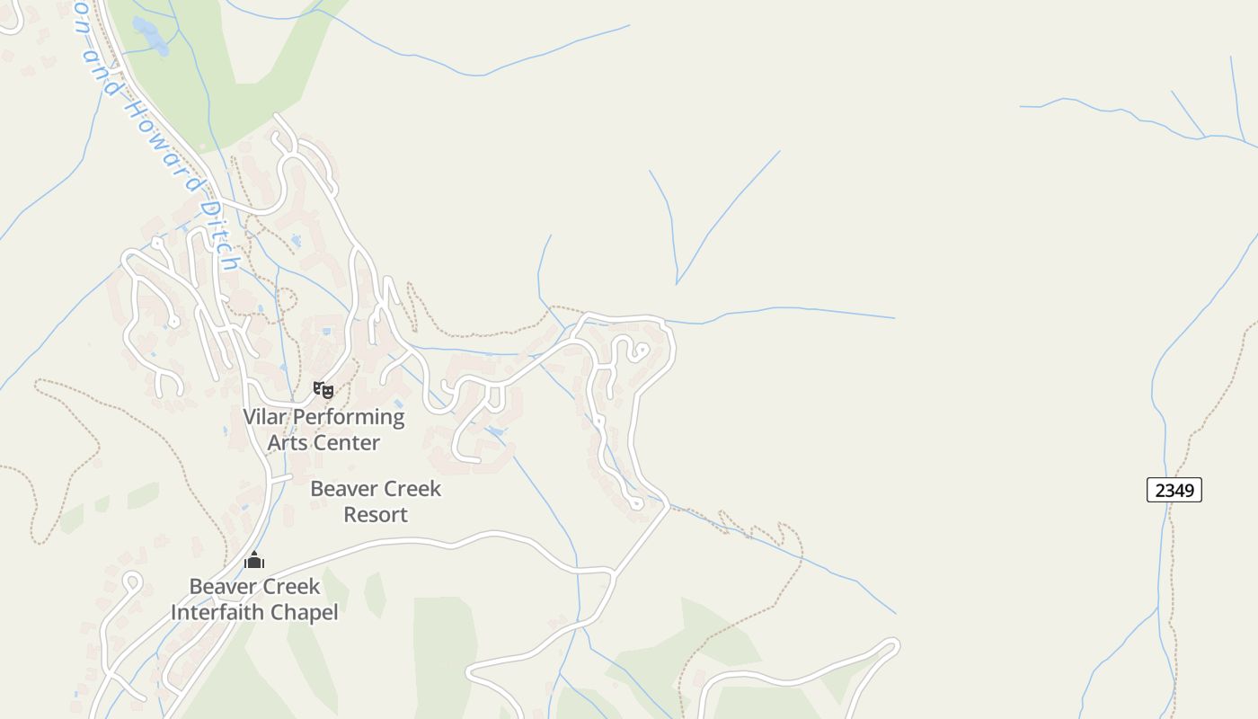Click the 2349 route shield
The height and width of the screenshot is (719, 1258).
pos(1174,490)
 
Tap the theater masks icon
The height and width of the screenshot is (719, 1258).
pos(323,389)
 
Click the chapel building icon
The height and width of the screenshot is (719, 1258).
pos(254,561)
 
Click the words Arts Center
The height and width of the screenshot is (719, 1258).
pos(323,442)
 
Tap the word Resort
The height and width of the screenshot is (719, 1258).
pos(376,515)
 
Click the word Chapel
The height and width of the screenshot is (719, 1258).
pos(307,613)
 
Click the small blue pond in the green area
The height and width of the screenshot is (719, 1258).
pos(151,36)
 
